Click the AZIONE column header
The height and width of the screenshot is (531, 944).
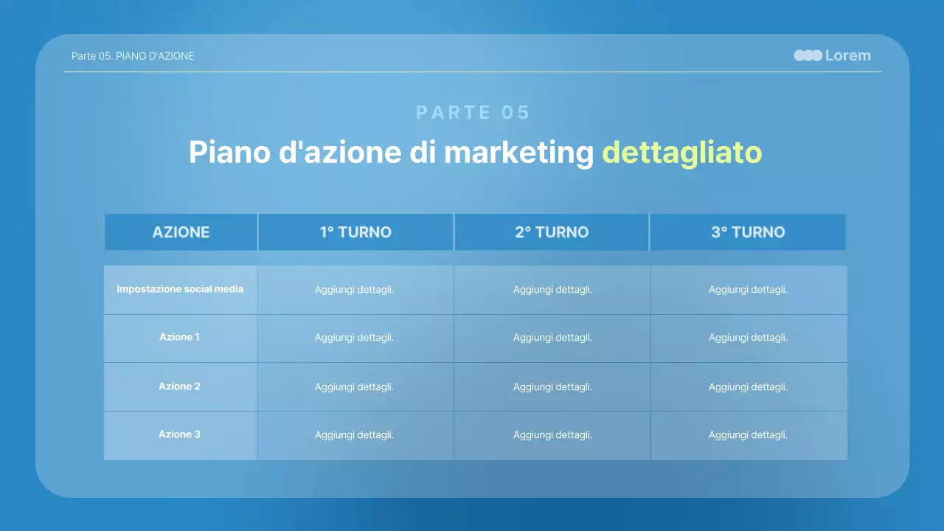(x=181, y=232)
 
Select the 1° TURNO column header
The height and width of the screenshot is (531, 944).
(x=355, y=232)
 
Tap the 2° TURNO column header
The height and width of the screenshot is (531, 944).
(x=552, y=232)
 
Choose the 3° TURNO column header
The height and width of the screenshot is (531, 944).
(x=748, y=232)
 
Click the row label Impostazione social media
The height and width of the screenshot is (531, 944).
(x=180, y=289)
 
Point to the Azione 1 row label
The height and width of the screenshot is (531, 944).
(x=180, y=337)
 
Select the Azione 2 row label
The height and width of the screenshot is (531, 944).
(x=180, y=386)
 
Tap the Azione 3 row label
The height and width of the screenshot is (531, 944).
(x=180, y=434)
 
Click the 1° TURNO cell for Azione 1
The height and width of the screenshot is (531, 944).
(x=355, y=338)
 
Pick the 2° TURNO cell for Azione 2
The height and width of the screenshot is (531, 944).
(x=552, y=387)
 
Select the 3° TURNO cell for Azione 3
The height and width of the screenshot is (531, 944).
(x=748, y=435)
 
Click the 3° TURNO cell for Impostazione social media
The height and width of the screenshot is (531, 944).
(x=748, y=290)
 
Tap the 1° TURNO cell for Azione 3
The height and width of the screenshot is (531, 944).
(x=355, y=435)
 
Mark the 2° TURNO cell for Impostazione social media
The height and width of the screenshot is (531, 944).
(x=552, y=290)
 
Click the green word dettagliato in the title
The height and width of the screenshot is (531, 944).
(x=682, y=153)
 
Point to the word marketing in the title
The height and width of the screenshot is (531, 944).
(x=518, y=153)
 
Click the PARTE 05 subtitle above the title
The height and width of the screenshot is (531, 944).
(x=473, y=112)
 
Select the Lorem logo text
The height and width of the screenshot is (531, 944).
(x=848, y=55)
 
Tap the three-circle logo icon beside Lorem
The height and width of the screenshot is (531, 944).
(x=808, y=55)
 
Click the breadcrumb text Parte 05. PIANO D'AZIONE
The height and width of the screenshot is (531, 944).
(x=133, y=56)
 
